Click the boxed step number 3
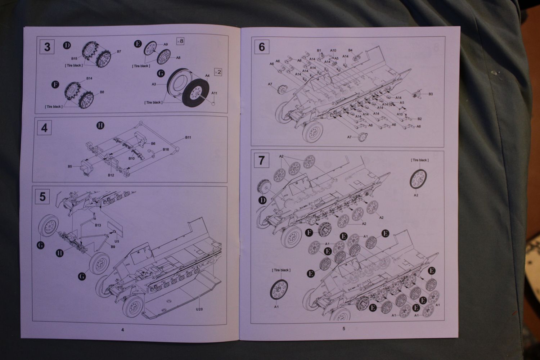tap(47, 47)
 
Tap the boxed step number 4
tap(44, 128)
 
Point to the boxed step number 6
tap(262, 47)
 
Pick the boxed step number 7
tap(262, 160)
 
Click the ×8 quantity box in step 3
tap(180, 41)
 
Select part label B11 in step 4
tap(188, 138)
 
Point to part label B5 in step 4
tap(70, 166)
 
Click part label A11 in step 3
tap(214, 93)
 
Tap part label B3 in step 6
tap(431, 94)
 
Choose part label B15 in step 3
tap(74, 58)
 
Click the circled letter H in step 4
tap(100, 125)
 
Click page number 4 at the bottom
tap(122, 329)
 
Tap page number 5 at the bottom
tap(344, 328)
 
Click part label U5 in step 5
tap(117, 240)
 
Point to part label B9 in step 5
tap(113, 247)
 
